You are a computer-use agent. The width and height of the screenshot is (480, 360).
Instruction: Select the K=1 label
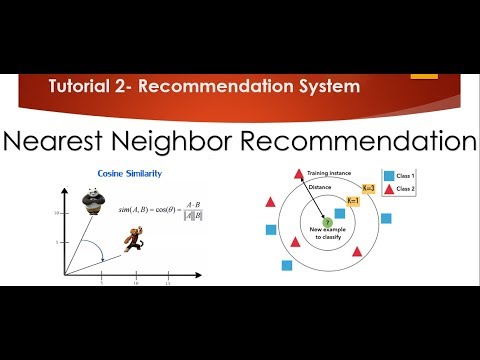tap(351, 201)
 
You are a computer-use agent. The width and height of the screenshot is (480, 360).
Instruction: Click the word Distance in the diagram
tap(319, 186)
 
